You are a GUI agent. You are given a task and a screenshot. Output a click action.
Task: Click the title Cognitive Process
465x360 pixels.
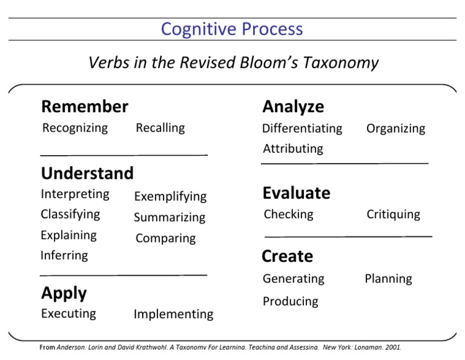[232, 29]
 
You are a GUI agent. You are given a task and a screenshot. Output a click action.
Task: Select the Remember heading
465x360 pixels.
[85, 107]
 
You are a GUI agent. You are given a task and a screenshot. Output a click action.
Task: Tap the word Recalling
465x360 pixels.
[160, 128]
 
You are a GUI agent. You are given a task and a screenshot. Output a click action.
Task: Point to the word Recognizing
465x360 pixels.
[75, 128]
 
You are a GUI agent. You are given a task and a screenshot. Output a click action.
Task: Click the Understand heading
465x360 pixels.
[87, 173]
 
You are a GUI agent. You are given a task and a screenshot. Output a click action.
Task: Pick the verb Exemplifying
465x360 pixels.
[170, 196]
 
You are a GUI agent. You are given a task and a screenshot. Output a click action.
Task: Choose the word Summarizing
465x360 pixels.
[170, 218]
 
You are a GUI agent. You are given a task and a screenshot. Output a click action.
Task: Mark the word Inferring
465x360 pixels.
[64, 255]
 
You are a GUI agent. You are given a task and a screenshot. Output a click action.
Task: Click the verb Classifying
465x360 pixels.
[70, 214]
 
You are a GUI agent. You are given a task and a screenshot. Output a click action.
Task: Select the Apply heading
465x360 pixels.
[64, 293]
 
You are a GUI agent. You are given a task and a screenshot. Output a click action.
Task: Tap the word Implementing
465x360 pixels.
[173, 314]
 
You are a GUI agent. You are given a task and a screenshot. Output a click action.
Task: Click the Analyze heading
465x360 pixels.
[293, 107]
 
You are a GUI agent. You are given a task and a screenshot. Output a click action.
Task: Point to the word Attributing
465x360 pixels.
[293, 148]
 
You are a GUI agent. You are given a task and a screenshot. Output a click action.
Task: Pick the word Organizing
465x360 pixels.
[395, 128]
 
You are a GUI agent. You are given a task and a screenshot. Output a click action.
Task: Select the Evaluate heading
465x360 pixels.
[296, 193]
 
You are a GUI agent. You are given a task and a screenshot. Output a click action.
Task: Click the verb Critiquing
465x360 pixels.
[393, 215]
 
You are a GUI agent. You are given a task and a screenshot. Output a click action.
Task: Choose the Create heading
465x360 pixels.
[287, 256]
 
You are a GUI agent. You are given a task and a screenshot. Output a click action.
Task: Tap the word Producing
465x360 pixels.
[290, 301]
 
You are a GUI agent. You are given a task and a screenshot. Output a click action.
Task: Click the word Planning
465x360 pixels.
[388, 279]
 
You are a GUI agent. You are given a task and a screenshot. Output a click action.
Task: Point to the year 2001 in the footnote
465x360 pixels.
[392, 348]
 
